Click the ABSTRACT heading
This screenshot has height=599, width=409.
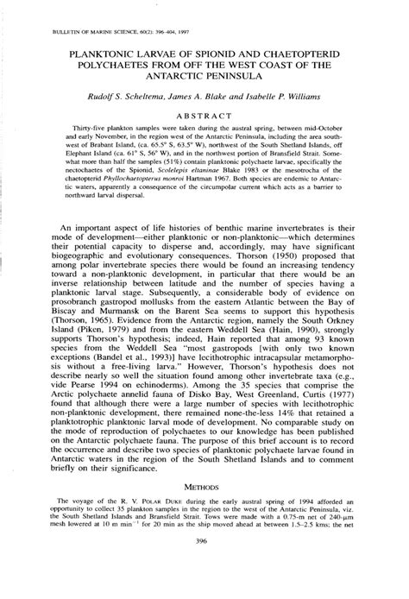204,114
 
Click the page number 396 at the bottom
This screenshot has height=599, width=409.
204,567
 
